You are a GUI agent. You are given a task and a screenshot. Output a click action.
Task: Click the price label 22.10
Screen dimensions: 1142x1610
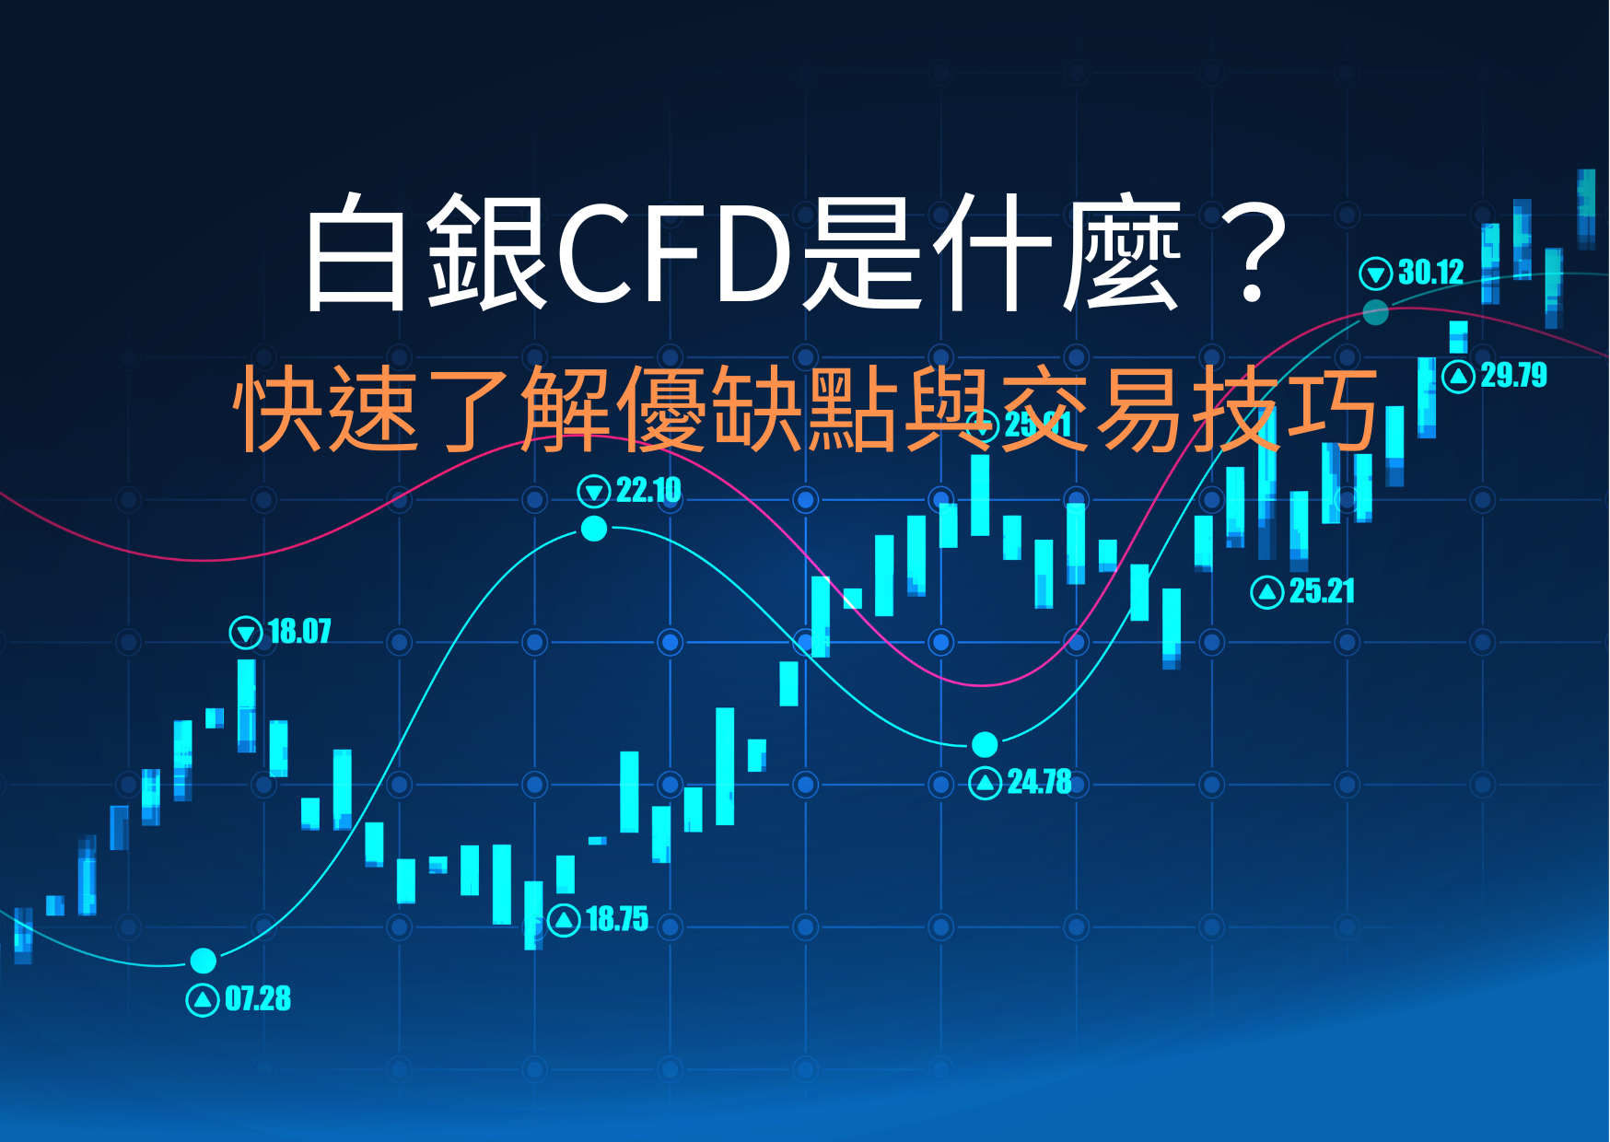648,491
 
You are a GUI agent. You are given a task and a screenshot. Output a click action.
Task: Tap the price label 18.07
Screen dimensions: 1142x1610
299,632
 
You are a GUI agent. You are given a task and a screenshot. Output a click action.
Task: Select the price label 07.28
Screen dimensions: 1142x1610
258,999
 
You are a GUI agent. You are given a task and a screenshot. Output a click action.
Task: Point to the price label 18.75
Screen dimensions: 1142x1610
617,919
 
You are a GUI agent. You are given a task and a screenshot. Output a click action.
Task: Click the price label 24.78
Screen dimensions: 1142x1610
1039,783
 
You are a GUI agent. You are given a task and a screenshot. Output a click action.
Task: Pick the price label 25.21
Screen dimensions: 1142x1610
1322,591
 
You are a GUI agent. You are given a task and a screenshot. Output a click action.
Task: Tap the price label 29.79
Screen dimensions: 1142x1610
1513,376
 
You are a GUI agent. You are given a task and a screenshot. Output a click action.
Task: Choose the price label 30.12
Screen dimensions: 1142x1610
1430,273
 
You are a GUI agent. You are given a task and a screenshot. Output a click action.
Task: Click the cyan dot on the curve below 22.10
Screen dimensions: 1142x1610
594,529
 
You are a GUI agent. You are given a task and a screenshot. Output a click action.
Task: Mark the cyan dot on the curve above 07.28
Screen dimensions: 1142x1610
204,961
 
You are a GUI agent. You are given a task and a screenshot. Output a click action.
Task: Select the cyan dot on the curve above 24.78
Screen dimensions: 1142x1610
985,743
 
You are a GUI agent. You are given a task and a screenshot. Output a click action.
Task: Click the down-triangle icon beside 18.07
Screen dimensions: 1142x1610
245,633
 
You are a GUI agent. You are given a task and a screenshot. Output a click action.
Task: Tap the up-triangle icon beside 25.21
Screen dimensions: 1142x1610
1267,592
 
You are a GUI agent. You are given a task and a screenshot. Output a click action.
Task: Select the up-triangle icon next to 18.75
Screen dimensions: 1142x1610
564,920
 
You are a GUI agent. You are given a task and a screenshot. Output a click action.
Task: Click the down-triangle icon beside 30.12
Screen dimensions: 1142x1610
1375,274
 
